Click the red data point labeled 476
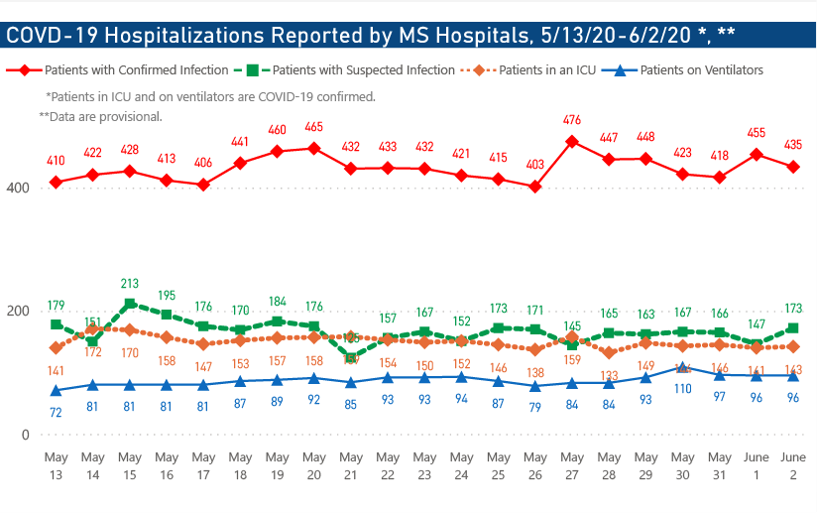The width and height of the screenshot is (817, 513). pyautogui.click(x=572, y=142)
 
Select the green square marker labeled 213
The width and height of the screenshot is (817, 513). pyautogui.click(x=130, y=304)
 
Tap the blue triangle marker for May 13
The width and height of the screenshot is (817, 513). pyautogui.click(x=57, y=390)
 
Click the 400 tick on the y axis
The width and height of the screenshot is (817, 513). pyautogui.click(x=16, y=188)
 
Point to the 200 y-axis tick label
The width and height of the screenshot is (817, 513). pyautogui.click(x=16, y=312)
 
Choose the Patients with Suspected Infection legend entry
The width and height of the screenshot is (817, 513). pyautogui.click(x=363, y=70)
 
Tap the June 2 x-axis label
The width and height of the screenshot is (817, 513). pyautogui.click(x=792, y=466)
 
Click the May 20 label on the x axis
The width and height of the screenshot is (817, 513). pyautogui.click(x=314, y=466)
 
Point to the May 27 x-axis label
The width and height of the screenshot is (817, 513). pyautogui.click(x=572, y=466)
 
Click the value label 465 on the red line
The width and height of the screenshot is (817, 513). pyautogui.click(x=314, y=127)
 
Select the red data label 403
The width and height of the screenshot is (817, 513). pyautogui.click(x=535, y=165)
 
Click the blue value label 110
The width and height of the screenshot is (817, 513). pyautogui.click(x=683, y=390)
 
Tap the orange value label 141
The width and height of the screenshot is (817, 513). pyautogui.click(x=57, y=370)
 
